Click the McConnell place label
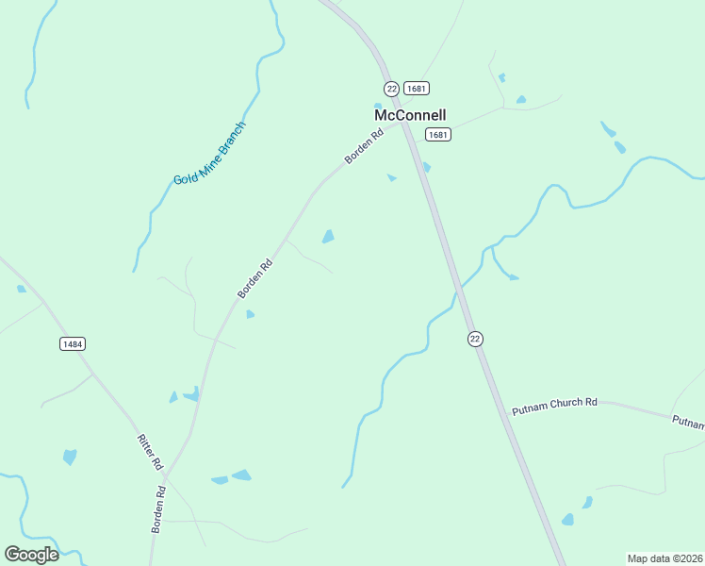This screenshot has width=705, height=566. coord(410,115)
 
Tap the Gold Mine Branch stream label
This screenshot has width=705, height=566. coord(209,153)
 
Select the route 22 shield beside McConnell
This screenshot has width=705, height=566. coord(391,88)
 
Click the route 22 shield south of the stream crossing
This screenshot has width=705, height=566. coord(475,339)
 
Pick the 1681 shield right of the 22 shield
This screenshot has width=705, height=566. coord(417,88)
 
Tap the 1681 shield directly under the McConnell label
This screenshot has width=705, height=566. coord(437,135)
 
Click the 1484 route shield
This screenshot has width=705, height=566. coord(73,343)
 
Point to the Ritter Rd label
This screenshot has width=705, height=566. coord(151,453)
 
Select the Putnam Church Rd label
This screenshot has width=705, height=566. coord(555,407)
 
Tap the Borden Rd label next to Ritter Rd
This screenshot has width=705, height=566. coord(158,510)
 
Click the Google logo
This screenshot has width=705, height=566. coord(31,555)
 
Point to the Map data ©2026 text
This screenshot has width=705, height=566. coord(664,558)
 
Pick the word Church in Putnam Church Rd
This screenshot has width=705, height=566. coord(561,406)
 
